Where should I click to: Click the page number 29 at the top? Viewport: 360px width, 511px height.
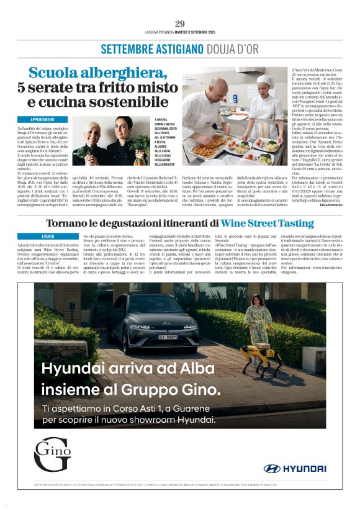pos(179,24)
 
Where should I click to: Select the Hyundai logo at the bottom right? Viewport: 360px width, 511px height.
pos(295,468)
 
